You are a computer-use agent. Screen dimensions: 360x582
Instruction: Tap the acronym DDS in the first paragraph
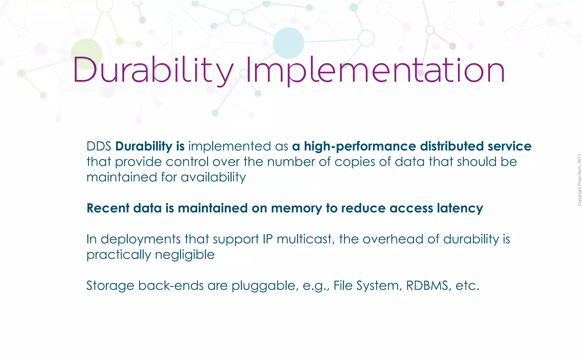pyautogui.click(x=99, y=146)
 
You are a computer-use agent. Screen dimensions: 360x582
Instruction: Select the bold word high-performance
pyautogui.click(x=360, y=146)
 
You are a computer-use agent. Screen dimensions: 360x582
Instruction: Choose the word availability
pyautogui.click(x=213, y=177)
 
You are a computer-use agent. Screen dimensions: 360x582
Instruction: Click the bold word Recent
pyautogui.click(x=108, y=208)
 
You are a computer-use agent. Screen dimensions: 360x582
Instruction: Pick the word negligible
pyautogui.click(x=185, y=255)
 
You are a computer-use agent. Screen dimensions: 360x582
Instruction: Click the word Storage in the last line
pyautogui.click(x=110, y=286)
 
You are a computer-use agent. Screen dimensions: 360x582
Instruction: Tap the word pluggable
pyautogui.click(x=265, y=286)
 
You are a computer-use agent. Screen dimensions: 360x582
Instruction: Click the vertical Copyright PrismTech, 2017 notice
pyautogui.click(x=579, y=180)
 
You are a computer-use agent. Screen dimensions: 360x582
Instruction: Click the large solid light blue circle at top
pyautogui.click(x=288, y=43)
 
